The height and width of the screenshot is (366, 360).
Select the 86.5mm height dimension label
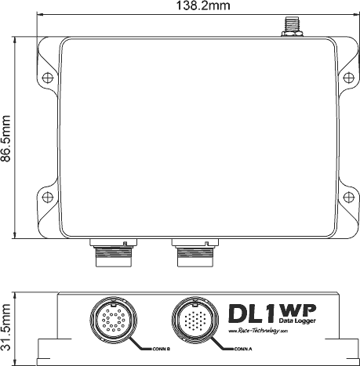point(7,136)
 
